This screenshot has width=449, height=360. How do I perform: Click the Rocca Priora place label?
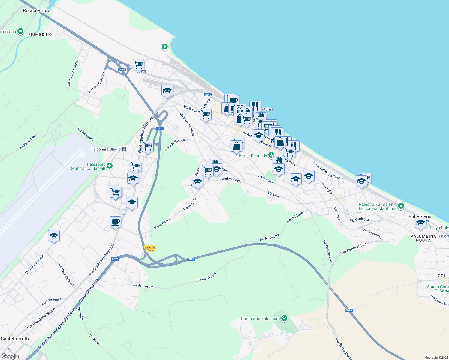pos(37,10)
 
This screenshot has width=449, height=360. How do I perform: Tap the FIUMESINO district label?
pos(40,34)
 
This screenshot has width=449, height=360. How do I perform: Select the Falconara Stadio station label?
pos(106,149)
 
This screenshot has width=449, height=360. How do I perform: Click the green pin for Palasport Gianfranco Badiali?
pos(110,166)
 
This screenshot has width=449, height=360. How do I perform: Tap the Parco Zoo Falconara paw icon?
pos(284,318)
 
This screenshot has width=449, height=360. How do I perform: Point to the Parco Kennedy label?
pos(253,155)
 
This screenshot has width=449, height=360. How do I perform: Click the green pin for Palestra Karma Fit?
pos(401,206)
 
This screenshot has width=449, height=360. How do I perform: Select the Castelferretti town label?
pos(15,339)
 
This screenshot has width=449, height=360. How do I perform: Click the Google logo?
pos(10,356)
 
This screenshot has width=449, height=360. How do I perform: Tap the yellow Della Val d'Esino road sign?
pos(150,249)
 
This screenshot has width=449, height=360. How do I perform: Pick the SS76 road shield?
pos(115,259)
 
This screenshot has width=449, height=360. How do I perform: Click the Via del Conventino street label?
pos(73,74)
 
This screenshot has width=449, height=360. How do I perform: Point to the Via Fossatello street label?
pos(27,142)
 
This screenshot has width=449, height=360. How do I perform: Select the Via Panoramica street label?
pos(353,249)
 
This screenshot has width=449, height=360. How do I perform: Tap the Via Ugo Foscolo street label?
pos(175,145)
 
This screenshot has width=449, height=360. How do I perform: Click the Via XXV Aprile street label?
pos(51,301)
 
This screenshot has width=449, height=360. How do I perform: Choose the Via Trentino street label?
pos(372,234)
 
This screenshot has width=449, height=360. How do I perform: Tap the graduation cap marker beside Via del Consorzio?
pos(54,236)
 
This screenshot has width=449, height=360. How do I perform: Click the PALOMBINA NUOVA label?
pos(423,238)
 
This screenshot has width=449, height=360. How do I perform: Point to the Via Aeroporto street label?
pos(86,134)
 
